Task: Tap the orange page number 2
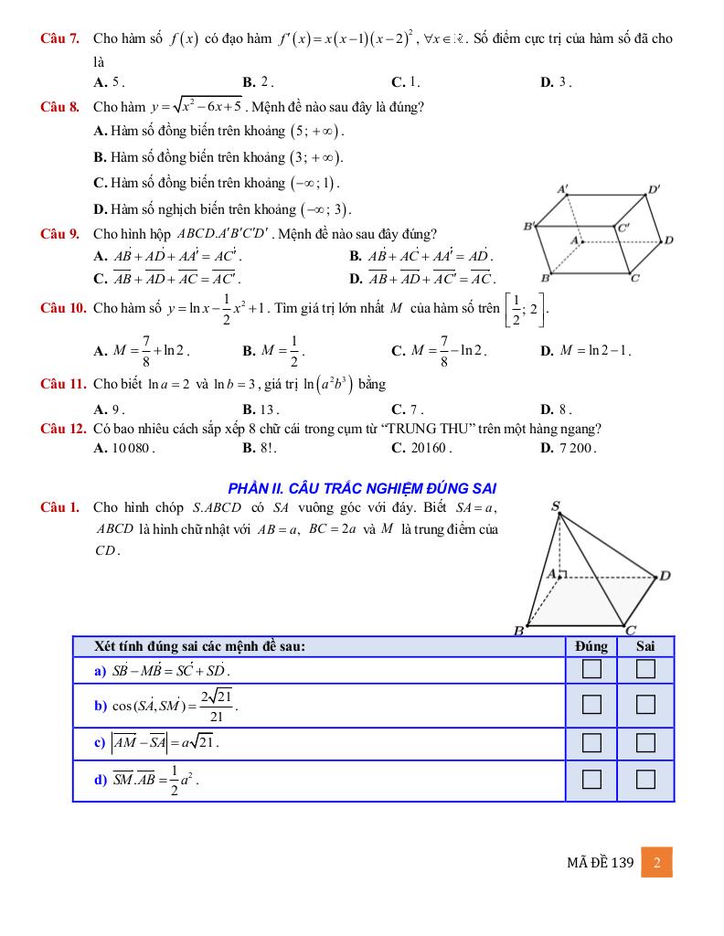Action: click(x=657, y=862)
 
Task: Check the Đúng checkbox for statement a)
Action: click(x=592, y=670)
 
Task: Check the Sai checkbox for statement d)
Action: click(x=646, y=780)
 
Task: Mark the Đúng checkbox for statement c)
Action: click(x=592, y=741)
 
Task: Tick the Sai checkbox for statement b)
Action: click(x=646, y=705)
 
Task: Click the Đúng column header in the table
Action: click(x=592, y=646)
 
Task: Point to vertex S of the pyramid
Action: click(x=557, y=506)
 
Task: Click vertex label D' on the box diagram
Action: click(x=655, y=190)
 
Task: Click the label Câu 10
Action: click(x=63, y=308)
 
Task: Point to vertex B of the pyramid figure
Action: click(x=517, y=630)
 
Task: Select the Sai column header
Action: click(x=646, y=646)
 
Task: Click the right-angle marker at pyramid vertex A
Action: click(x=564, y=574)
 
